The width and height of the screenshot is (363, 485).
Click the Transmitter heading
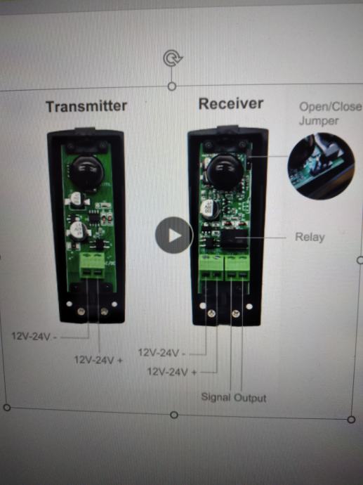[x=86, y=106]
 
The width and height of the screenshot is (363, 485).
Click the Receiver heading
[x=231, y=103]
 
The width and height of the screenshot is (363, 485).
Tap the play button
[x=174, y=235]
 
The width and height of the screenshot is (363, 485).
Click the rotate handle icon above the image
[x=173, y=58]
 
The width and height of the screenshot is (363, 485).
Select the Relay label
[x=310, y=238]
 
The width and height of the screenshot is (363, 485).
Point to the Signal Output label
[x=234, y=397]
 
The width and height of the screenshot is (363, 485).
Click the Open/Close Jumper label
[x=331, y=113]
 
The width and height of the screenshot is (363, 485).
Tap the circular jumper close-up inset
[x=321, y=166]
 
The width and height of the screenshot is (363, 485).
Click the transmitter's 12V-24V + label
[x=98, y=360]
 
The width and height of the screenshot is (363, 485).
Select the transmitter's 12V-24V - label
[x=34, y=336]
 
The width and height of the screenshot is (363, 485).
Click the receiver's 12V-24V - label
[x=161, y=353]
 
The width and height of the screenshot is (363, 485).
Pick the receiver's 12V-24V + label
[x=172, y=372]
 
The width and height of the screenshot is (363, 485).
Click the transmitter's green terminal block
[x=92, y=265]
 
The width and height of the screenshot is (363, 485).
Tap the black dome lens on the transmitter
[x=87, y=173]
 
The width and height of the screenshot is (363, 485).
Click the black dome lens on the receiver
[x=225, y=172]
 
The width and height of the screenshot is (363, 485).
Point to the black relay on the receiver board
[x=235, y=238]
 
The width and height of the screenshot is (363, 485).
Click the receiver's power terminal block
[x=211, y=268]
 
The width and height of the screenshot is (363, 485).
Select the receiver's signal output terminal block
[x=237, y=268]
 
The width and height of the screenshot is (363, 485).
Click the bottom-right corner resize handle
[x=351, y=420]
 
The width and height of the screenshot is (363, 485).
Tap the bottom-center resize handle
[x=174, y=415]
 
